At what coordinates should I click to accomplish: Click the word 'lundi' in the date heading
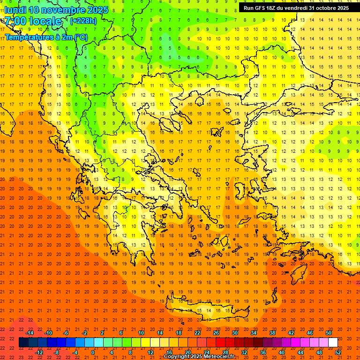[15, 10]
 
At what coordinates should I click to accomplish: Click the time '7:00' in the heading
[15, 21]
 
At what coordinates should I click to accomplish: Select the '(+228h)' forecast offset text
[83, 21]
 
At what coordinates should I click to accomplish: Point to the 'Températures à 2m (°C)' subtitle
[46, 37]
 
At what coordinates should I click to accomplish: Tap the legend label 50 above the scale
[328, 333]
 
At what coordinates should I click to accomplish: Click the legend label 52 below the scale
[337, 352]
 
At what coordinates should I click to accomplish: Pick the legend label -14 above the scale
[30, 333]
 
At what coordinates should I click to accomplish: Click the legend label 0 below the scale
[93, 352]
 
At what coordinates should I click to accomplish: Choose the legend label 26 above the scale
[216, 333]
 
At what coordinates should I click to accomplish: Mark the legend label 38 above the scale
[272, 333]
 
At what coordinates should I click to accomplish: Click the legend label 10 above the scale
[141, 333]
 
